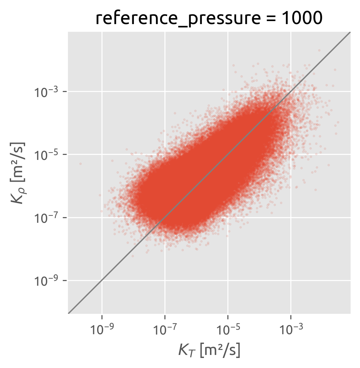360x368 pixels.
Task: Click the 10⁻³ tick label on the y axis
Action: coord(46,92)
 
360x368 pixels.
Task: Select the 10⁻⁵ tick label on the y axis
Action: coord(46,155)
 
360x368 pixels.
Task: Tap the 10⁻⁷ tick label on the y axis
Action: coord(46,217)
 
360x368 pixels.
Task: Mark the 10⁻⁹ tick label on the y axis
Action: coord(46,280)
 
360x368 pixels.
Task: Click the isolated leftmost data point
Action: coord(80,164)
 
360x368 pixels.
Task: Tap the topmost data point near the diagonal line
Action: coord(319,50)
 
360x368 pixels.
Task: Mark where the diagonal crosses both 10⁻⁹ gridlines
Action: coord(102,280)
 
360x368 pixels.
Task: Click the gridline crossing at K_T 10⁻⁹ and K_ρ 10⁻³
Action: coord(102,91)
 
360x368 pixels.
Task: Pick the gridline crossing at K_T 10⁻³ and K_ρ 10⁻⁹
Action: coord(291,280)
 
